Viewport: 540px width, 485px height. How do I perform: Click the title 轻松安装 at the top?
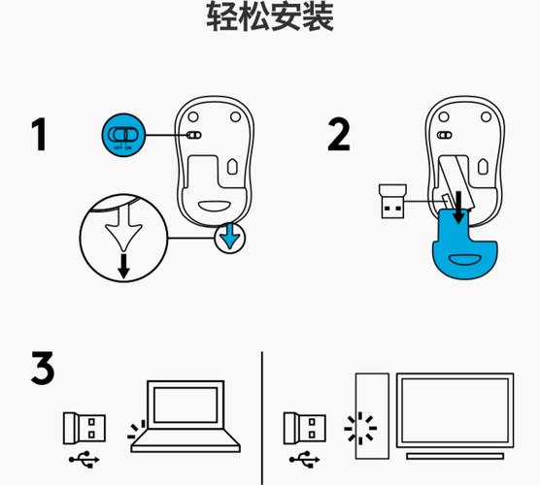coord(270,16)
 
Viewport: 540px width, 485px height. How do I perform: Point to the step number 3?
coord(41,370)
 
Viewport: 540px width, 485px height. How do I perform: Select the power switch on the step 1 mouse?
coord(193,137)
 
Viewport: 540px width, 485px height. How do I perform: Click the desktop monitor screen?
coord(455,410)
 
